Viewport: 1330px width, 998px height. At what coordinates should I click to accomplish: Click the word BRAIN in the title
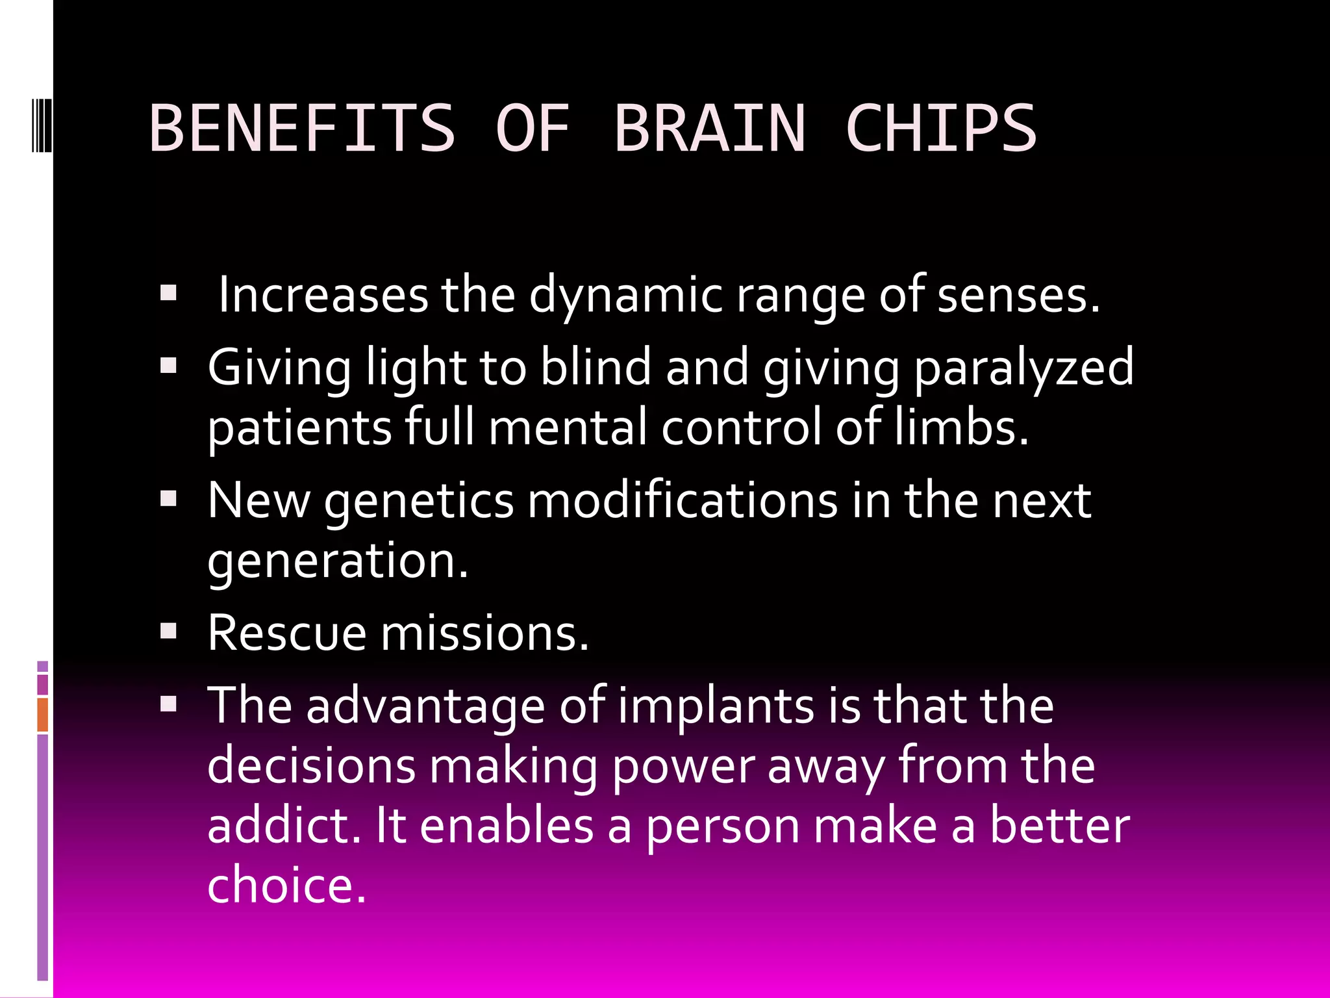(710, 128)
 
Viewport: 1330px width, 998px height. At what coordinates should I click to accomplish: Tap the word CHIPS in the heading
(940, 128)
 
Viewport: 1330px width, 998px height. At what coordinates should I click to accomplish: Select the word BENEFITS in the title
(302, 128)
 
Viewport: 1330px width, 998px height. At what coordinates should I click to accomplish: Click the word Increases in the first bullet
(323, 295)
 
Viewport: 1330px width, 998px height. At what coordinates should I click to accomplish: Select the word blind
(595, 366)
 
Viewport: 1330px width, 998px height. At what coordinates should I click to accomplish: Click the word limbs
(961, 427)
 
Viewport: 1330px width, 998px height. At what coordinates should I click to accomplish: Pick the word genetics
(419, 502)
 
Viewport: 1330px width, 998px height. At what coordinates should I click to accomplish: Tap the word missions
(484, 633)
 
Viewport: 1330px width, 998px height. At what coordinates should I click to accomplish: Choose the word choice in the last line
(286, 885)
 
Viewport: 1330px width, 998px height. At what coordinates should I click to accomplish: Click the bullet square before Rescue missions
(169, 632)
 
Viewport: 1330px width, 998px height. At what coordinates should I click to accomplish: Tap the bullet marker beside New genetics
(169, 499)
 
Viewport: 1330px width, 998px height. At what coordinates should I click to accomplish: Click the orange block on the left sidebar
(43, 715)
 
